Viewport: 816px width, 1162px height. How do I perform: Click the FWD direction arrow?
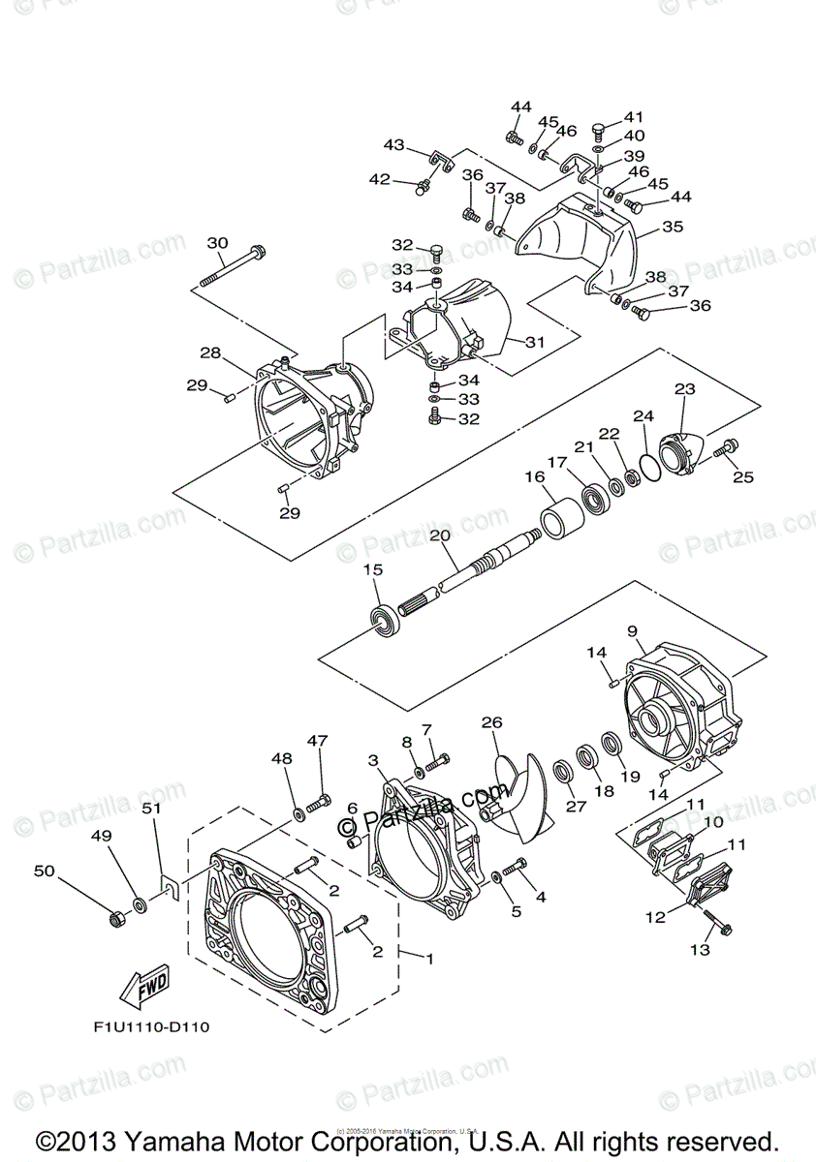point(141,988)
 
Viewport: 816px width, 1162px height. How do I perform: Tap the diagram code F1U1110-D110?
point(148,1026)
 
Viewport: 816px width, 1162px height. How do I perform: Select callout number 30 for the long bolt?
point(217,243)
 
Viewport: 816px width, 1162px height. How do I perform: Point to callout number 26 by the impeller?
point(491,722)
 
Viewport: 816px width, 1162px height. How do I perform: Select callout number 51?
point(150,808)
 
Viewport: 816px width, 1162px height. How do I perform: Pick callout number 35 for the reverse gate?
point(672,227)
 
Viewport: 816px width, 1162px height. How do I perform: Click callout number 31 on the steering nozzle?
point(536,342)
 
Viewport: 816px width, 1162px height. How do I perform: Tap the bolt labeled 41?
point(598,131)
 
